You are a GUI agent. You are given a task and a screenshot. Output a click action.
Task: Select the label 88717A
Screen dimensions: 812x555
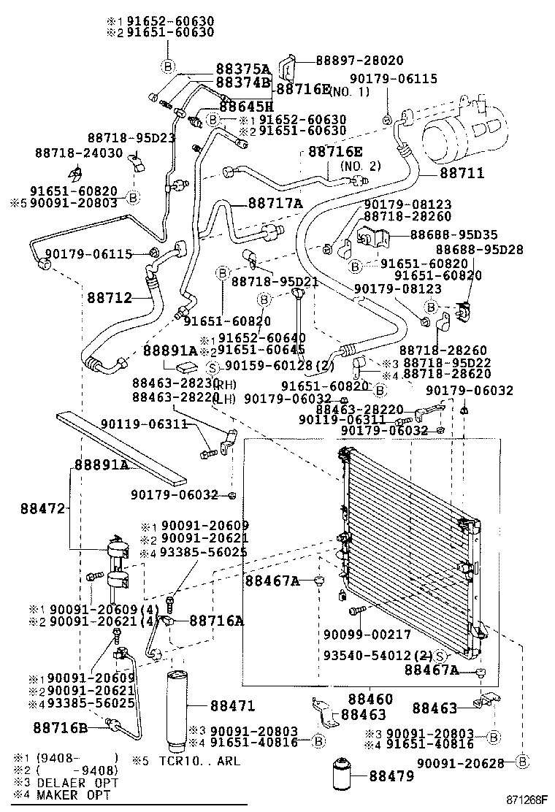(274, 204)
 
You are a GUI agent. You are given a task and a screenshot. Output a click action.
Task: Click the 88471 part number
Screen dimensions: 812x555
(232, 706)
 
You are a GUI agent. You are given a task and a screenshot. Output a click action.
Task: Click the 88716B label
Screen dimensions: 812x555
(60, 727)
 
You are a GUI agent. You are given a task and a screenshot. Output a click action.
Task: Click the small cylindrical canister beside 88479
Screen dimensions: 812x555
(344, 775)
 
